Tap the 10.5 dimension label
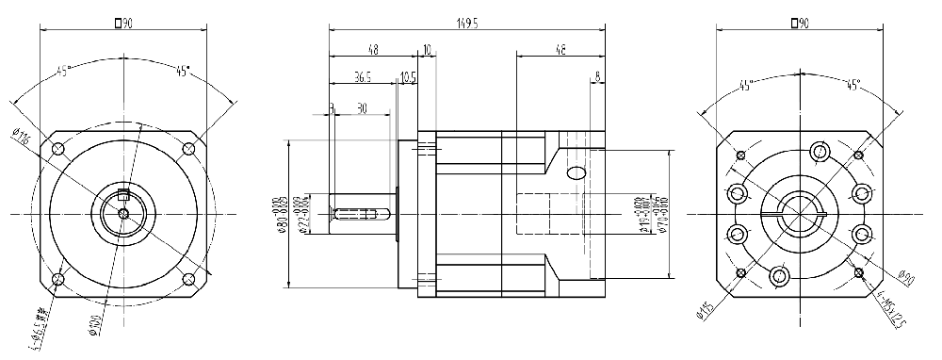coord(408,78)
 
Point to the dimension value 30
coord(362,108)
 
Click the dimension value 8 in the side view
coord(597,78)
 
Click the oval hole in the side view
coord(575,172)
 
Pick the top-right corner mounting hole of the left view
coord(188,148)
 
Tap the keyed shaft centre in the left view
coord(123,213)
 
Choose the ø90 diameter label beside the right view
coord(906,278)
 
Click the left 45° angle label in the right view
coord(746,87)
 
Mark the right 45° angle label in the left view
coord(181,70)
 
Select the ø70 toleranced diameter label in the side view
coord(664,215)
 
